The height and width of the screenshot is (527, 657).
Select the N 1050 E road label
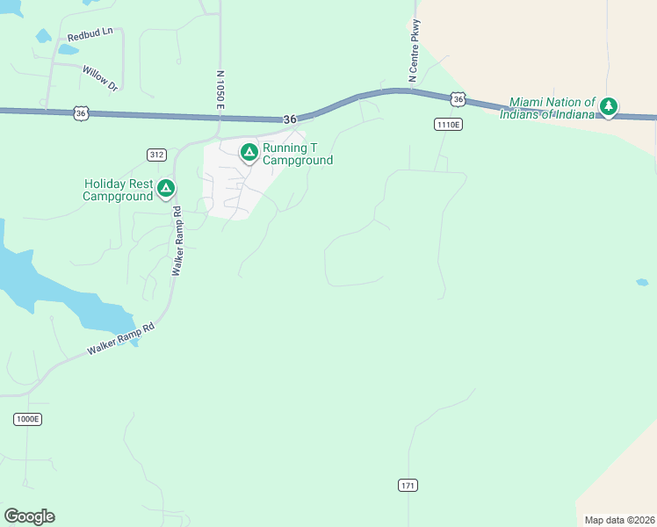221,90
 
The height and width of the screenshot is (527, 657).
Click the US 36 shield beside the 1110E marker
458,100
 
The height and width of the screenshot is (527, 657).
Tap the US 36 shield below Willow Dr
81,113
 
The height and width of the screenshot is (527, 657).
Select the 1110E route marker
448,125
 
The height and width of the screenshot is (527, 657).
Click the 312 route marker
156,155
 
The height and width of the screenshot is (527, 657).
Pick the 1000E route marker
27,419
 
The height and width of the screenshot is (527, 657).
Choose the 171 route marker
407,485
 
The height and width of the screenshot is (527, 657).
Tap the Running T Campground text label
298,154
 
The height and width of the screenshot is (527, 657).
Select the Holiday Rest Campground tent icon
165,188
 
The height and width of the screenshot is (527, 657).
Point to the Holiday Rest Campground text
118,190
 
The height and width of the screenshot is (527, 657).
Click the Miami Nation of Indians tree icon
608,107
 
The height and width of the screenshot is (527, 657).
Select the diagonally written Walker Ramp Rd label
120,338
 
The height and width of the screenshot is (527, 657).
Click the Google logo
29,516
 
